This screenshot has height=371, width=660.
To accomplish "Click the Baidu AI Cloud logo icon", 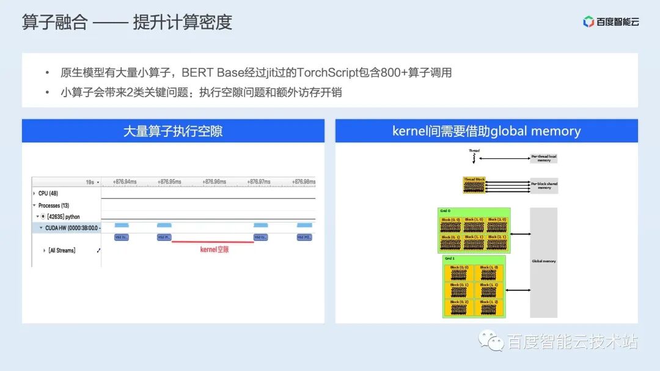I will pyautogui.click(x=588, y=22).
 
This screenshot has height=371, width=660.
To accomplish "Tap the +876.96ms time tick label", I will pyautogui.click(x=215, y=182).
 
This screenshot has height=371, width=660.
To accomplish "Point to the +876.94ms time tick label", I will pyautogui.click(x=125, y=182).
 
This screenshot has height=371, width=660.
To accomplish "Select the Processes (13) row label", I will pyautogui.click(x=54, y=205).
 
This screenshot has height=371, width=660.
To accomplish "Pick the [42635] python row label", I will pyautogui.click(x=64, y=217).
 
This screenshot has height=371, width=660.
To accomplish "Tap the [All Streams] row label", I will pyautogui.click(x=62, y=251).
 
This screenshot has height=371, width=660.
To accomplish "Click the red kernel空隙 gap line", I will pyautogui.click(x=213, y=242).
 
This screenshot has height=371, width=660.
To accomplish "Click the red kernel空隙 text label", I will pyautogui.click(x=215, y=249).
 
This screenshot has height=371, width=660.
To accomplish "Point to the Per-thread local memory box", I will pyautogui.click(x=544, y=158).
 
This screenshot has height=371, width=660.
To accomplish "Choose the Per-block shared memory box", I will pyautogui.click(x=544, y=186).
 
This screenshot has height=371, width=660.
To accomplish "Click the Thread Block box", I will pyautogui.click(x=474, y=186).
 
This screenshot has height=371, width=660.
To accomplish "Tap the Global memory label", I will pyautogui.click(x=543, y=262).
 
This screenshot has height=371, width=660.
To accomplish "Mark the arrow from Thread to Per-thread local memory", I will pyautogui.click(x=504, y=158).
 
